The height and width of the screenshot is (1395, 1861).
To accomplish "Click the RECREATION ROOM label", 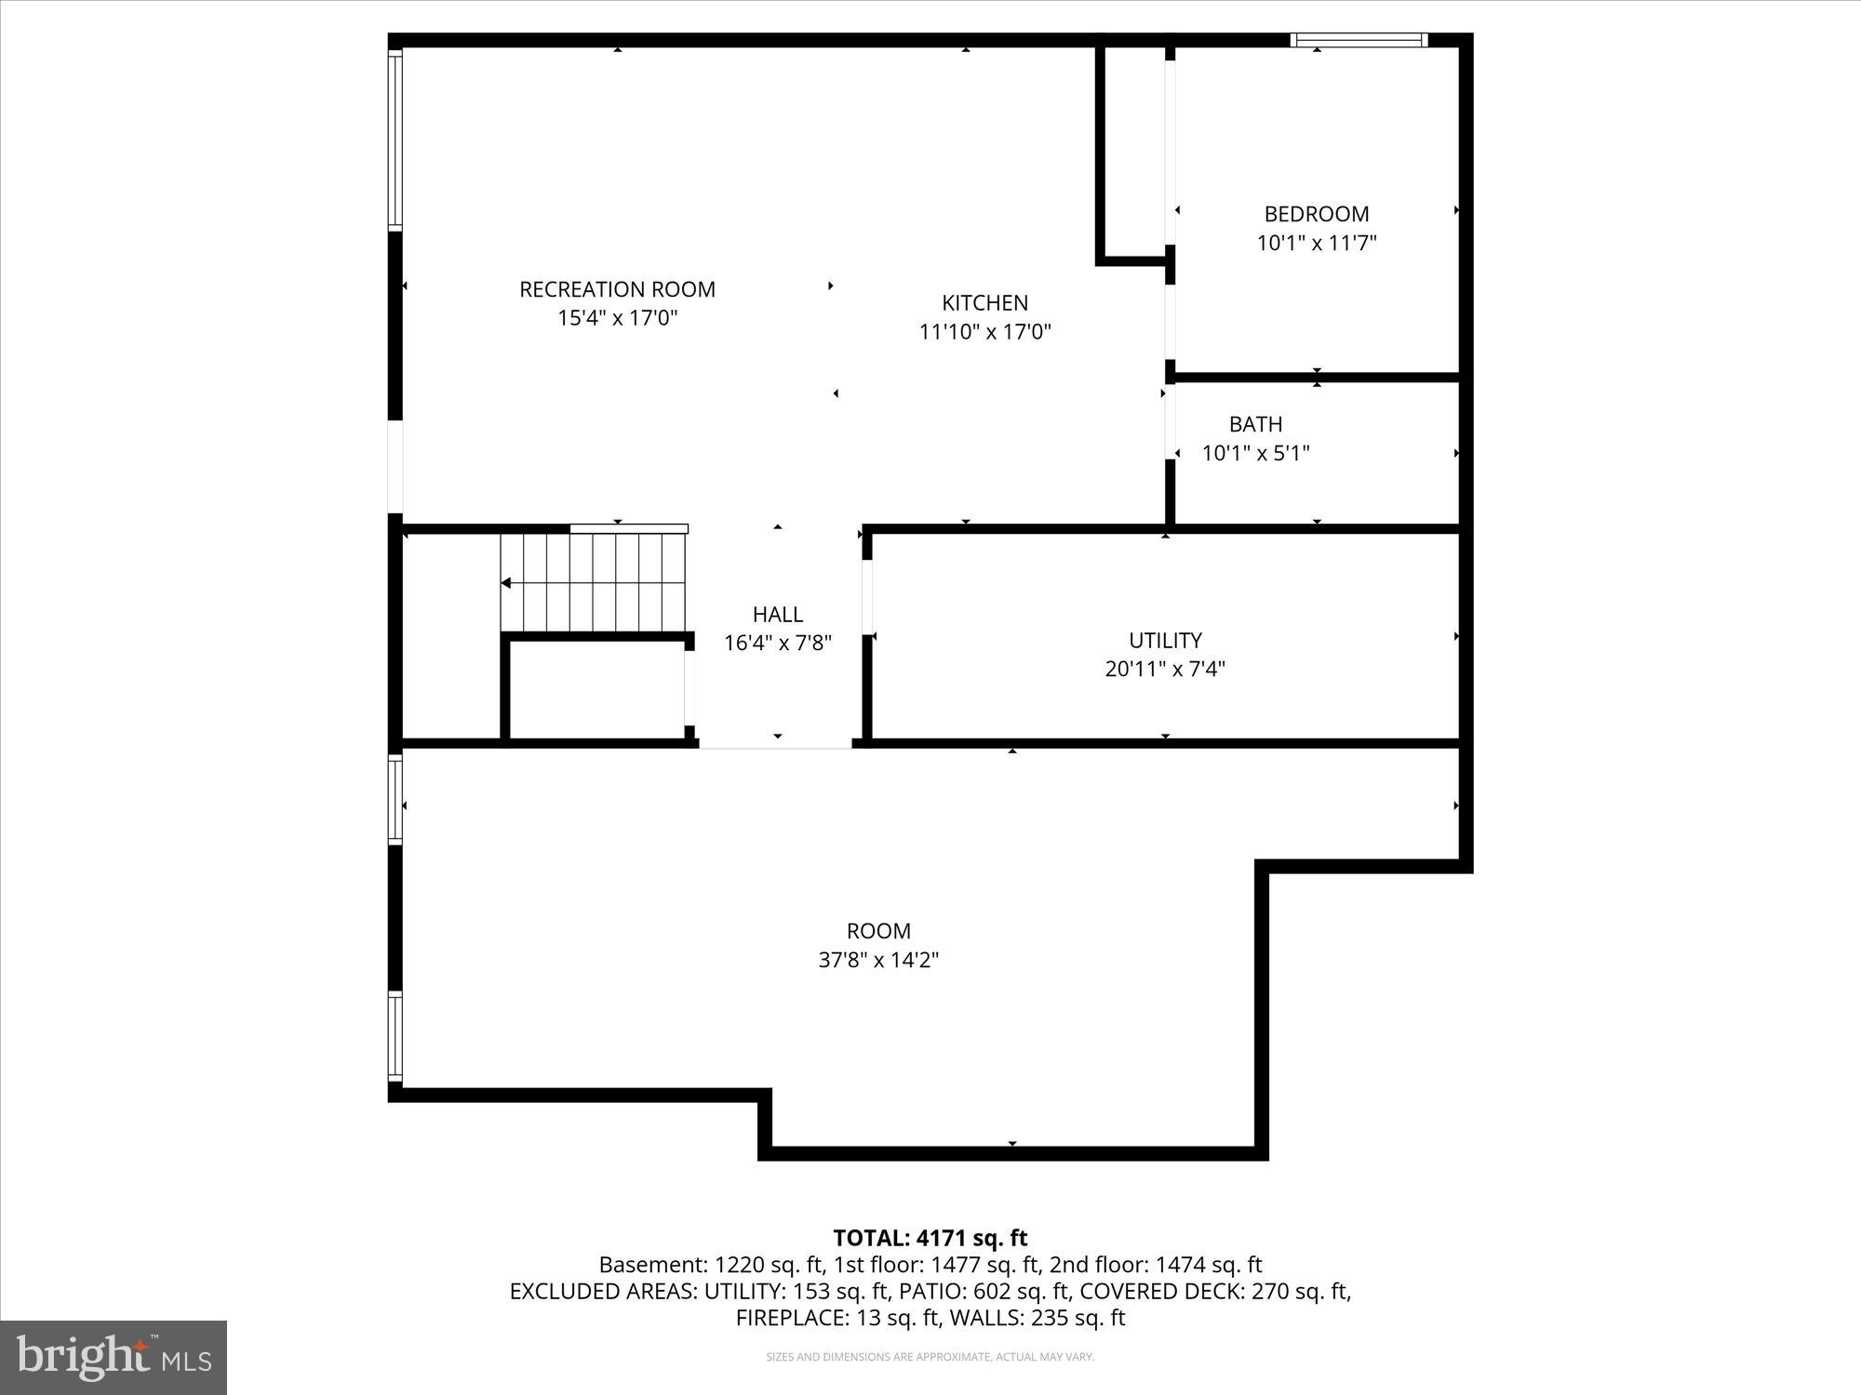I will point(617,289).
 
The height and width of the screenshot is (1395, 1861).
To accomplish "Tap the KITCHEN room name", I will point(984,302).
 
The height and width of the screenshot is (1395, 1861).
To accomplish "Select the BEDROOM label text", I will point(1316,214).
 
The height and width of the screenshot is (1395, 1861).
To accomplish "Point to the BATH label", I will point(1255,424).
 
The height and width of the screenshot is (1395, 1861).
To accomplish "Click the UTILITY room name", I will point(1165,640).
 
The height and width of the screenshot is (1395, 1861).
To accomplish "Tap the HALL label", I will point(777,614).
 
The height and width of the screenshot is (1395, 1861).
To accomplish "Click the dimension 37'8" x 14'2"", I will point(877,960).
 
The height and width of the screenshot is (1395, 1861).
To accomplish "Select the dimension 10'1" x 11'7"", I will point(1316,244).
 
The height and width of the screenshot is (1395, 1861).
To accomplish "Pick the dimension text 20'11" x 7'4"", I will point(1165,669).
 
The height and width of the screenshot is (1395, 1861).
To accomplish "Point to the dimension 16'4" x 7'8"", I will point(777,643).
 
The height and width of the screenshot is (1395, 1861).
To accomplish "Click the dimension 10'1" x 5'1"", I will point(1255,453).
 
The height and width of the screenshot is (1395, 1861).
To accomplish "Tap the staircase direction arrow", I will point(507,583).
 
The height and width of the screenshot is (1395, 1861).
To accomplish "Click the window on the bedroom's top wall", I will point(1359,40).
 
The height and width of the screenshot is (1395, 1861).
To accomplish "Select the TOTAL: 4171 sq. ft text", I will point(930,1238).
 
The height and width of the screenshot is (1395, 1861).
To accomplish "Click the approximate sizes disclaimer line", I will point(930,1357).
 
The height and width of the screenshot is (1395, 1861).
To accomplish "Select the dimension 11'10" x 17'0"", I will point(984,332).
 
